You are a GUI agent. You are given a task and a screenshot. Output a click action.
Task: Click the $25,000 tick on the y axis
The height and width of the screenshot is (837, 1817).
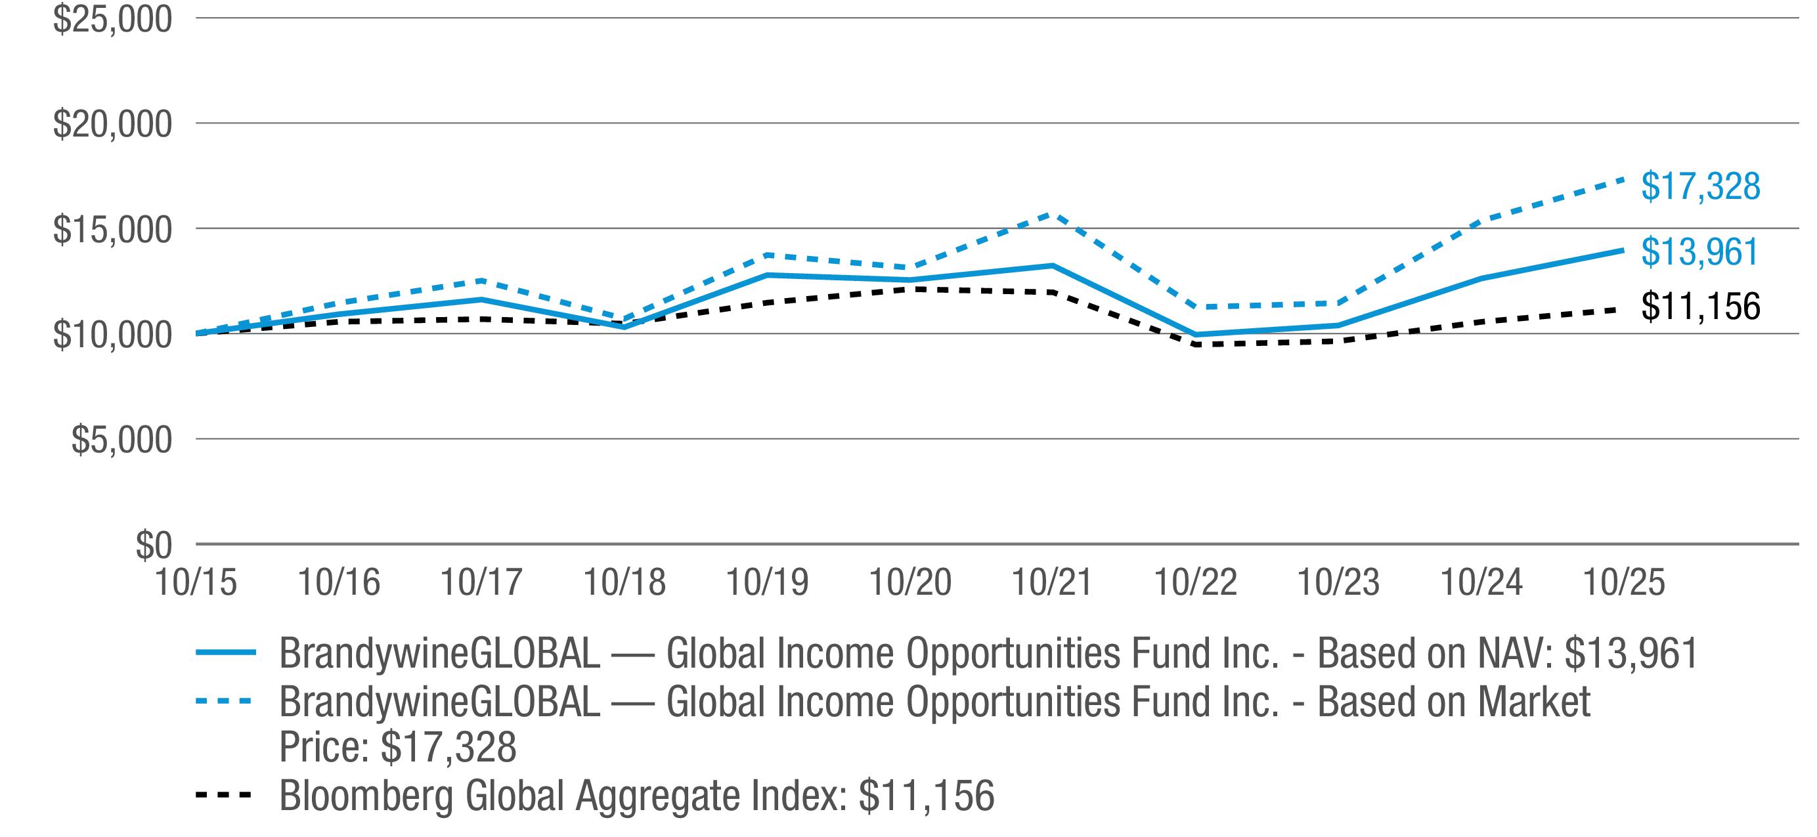point(112,20)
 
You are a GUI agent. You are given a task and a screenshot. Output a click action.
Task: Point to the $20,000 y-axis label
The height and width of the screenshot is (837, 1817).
point(112,125)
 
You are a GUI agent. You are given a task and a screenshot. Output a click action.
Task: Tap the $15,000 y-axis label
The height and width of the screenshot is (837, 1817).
point(112,230)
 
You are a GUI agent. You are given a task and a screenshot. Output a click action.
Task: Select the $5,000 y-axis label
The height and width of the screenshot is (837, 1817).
point(121,440)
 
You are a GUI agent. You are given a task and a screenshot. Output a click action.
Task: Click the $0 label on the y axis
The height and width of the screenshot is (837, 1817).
point(153,545)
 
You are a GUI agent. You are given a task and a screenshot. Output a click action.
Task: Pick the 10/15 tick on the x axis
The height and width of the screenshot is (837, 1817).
point(196,582)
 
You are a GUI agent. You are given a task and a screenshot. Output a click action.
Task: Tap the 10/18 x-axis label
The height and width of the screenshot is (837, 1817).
point(624,582)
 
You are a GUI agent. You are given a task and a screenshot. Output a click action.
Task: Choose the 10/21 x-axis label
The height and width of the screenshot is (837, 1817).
point(1053,582)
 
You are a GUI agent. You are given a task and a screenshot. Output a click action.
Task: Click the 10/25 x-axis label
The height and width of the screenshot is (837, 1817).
point(1624,582)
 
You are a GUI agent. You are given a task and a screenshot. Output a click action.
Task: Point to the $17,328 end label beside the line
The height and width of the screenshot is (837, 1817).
point(1700,186)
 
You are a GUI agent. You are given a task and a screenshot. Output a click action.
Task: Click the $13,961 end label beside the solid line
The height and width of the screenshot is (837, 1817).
point(1700,251)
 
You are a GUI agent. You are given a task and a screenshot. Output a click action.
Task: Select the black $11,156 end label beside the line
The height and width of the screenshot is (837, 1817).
point(1700,306)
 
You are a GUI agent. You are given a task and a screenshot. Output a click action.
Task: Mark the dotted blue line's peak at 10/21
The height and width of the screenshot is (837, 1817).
point(1053,213)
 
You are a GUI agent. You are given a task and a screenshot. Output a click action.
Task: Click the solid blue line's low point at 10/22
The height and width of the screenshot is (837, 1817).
point(1196,335)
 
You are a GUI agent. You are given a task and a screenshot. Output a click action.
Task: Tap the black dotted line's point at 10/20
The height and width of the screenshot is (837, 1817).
point(910,289)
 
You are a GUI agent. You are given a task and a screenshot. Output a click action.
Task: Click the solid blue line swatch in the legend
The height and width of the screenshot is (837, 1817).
point(225,653)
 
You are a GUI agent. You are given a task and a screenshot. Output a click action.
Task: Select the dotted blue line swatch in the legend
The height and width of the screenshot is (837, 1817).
point(225,701)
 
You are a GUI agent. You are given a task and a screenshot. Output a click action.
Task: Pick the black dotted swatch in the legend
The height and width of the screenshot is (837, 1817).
point(225,796)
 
